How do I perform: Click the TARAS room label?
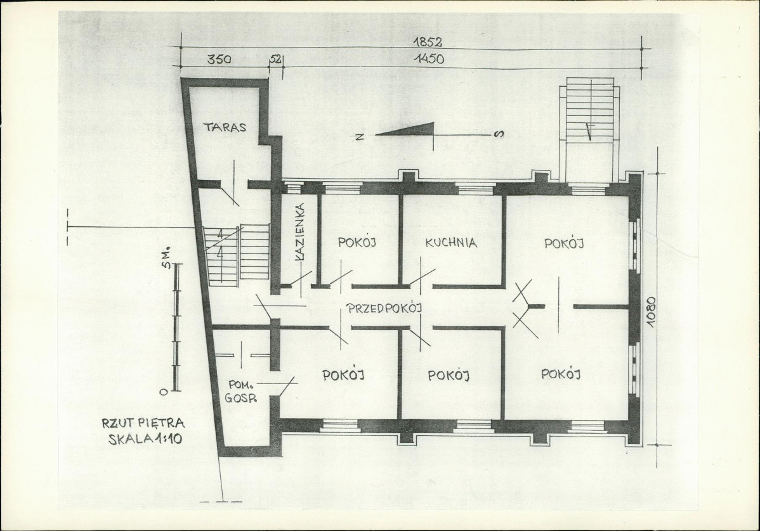(x=225, y=127)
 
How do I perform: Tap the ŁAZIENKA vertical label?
(x=300, y=233)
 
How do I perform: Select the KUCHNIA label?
(x=451, y=243)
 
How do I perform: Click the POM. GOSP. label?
(x=242, y=392)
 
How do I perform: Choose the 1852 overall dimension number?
(x=428, y=42)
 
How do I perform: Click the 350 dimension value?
(x=219, y=60)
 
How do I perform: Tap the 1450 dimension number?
(x=429, y=59)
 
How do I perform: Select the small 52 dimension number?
(x=276, y=59)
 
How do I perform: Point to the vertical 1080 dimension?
(x=651, y=312)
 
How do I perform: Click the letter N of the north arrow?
(x=360, y=136)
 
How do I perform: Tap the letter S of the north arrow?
(x=498, y=134)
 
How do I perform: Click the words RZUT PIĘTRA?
(x=143, y=423)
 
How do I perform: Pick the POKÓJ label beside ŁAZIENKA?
(x=357, y=242)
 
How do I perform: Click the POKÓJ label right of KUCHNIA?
(x=564, y=243)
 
